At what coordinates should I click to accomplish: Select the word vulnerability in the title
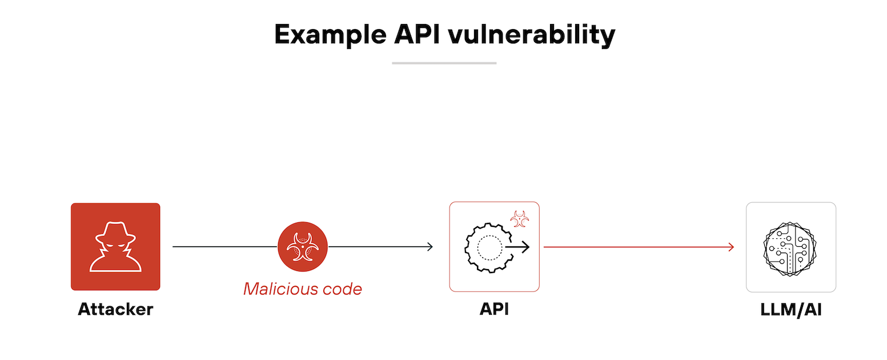click(x=531, y=35)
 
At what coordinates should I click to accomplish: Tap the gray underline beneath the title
click(x=444, y=63)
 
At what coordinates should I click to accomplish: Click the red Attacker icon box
click(x=115, y=246)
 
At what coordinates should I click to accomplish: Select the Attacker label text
click(x=115, y=309)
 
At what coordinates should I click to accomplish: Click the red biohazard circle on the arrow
click(x=303, y=246)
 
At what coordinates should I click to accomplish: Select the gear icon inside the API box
click(x=489, y=247)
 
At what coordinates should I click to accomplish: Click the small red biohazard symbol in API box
click(x=519, y=218)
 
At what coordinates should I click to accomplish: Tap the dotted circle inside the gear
click(x=489, y=247)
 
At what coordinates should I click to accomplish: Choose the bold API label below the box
click(x=494, y=309)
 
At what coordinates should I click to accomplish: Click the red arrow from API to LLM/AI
click(x=634, y=247)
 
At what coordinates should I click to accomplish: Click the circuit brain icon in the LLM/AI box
click(x=791, y=247)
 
